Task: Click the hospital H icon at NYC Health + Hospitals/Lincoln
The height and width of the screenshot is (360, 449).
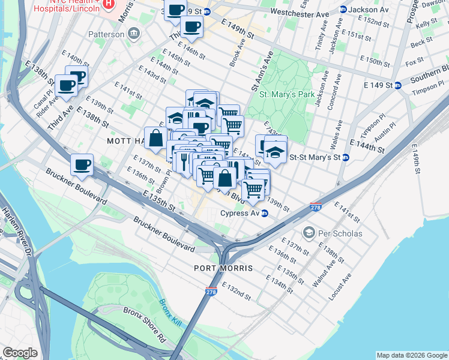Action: (x=108, y=4)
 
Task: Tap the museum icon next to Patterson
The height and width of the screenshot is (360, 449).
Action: (x=133, y=34)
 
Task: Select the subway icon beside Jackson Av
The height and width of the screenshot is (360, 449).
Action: (x=343, y=10)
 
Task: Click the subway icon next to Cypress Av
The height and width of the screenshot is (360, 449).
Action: (x=264, y=213)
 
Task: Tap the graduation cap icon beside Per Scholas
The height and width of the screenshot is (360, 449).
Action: (x=309, y=232)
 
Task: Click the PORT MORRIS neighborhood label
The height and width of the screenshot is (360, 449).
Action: (x=223, y=268)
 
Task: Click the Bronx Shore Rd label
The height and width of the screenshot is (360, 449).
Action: (x=144, y=320)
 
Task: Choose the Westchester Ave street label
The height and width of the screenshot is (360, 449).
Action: (x=300, y=13)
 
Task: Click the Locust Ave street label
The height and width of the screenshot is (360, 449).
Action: (x=339, y=287)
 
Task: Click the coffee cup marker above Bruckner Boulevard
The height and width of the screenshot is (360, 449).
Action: (x=82, y=164)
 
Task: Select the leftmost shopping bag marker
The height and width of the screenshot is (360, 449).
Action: (x=156, y=137)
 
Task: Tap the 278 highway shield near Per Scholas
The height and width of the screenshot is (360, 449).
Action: (x=316, y=208)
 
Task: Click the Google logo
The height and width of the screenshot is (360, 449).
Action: (x=20, y=353)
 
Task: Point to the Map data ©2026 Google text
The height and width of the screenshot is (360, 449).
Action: (x=411, y=355)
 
